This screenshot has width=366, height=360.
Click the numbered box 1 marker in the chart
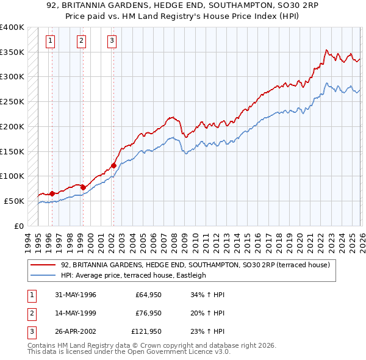pos(50,41)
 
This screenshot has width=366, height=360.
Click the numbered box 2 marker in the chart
pos(81,41)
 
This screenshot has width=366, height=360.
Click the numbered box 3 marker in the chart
pos(112,41)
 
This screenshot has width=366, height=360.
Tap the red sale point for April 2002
pos(113,165)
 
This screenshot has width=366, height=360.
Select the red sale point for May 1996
pos(52,193)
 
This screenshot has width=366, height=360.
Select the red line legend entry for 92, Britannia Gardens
pos(195,265)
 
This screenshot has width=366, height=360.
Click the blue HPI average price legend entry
pos(133,275)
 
